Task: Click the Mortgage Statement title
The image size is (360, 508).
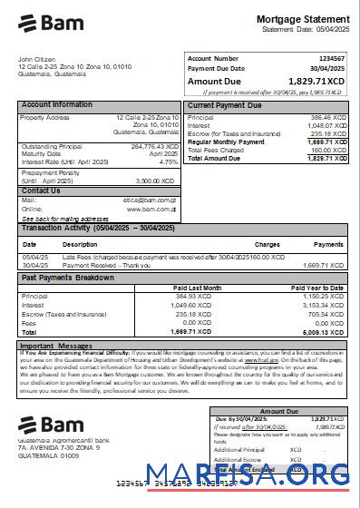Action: click(303, 19)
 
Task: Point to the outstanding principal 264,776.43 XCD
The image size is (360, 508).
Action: click(154, 146)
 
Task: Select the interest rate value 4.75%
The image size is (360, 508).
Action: click(169, 161)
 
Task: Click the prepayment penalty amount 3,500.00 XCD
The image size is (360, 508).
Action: click(160, 181)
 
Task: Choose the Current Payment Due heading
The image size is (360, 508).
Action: click(225, 105)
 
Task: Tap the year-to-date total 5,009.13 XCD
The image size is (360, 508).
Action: click(324, 332)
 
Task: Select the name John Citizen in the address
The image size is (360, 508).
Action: click(37, 60)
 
